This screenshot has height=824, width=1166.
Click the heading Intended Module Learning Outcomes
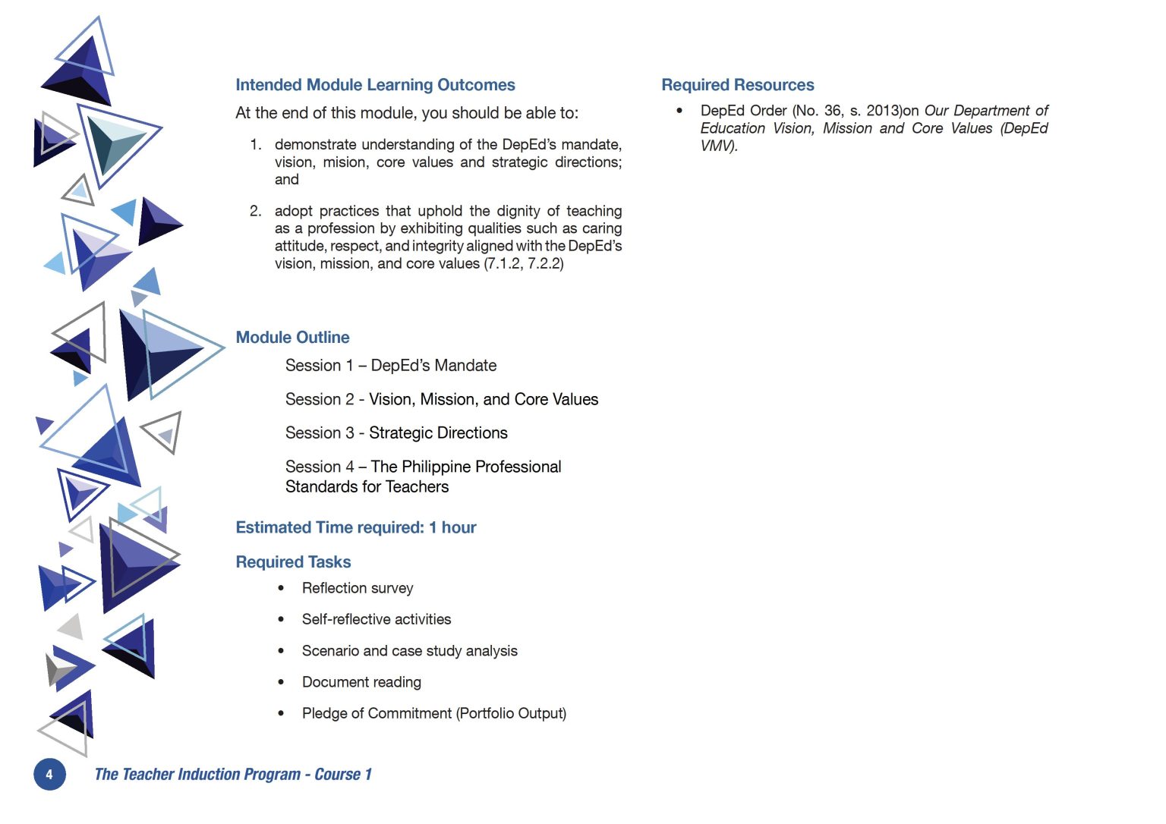[x=375, y=85]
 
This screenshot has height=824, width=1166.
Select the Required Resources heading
[x=737, y=85]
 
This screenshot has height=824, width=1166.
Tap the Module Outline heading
[x=292, y=338]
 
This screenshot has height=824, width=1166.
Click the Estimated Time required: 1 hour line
[x=355, y=527]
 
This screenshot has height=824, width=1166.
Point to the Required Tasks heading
[x=293, y=562]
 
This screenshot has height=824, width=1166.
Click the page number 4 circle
[x=49, y=775]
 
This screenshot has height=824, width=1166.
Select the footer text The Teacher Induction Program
[x=197, y=775]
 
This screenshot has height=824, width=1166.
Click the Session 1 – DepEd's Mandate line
[x=390, y=366]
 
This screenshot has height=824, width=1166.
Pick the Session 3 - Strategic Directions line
[x=396, y=433]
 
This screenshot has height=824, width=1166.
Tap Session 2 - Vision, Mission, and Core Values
[x=441, y=400]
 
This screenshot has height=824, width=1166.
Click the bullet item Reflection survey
[x=358, y=588]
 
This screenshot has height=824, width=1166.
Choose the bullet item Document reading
[x=361, y=682]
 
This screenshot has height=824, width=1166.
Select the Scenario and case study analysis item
[x=409, y=651]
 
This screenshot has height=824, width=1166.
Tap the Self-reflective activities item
[x=376, y=619]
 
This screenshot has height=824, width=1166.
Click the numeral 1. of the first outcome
[x=256, y=144]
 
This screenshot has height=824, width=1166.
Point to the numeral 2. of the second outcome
[x=256, y=211]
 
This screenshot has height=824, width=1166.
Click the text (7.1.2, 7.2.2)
[x=524, y=263]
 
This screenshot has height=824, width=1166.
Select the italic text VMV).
[x=719, y=146]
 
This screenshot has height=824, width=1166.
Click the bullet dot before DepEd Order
[x=679, y=111]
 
